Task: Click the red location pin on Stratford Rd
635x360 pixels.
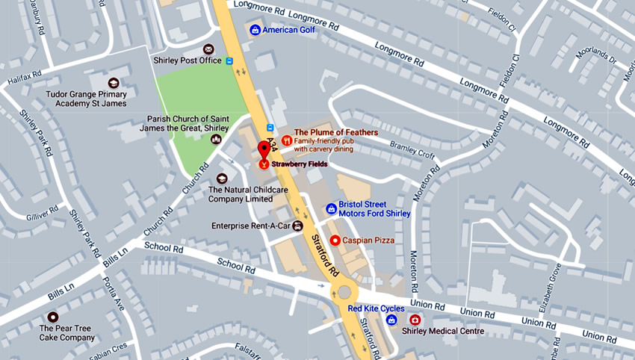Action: tap(264, 148)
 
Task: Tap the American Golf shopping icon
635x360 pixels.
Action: tap(255, 30)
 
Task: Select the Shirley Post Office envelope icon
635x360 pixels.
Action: tap(208, 49)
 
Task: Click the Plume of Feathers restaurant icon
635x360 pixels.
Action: tap(286, 140)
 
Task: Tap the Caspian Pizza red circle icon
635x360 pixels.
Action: tap(335, 240)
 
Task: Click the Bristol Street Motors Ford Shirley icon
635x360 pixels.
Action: tap(331, 208)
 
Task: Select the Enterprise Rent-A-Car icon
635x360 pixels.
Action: tap(297, 226)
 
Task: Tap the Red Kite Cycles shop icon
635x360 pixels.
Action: tap(391, 320)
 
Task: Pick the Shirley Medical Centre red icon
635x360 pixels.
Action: tap(415, 320)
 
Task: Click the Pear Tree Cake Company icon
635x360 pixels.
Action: tap(52, 317)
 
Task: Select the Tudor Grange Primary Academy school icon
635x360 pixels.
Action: tap(114, 83)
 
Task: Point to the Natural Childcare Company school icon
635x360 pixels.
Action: tap(222, 179)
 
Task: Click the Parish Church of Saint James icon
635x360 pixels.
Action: tap(215, 140)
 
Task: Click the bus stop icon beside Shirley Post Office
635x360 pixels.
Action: tap(230, 60)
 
